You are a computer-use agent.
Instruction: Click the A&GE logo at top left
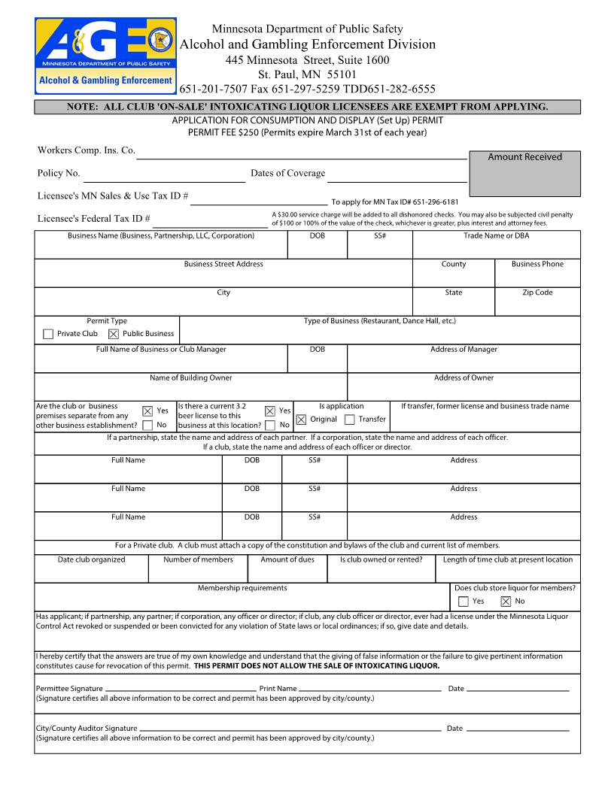[x=105, y=56]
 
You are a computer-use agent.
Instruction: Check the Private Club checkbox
[x=48, y=334]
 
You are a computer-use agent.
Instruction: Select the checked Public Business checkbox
[x=113, y=334]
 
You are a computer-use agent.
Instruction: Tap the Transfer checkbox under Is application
[x=349, y=420]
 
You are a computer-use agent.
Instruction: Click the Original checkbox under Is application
[x=301, y=420]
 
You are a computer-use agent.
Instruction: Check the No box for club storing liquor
[x=506, y=602]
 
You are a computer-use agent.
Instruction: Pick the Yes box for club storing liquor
[x=463, y=602]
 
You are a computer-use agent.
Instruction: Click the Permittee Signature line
[x=180, y=689]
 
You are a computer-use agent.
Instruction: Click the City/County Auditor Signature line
[x=290, y=729]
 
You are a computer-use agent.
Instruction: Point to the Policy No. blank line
[x=164, y=181]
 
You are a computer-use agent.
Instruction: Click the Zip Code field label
[x=537, y=292]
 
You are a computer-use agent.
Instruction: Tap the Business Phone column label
[x=537, y=264]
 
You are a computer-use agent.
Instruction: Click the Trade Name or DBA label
[x=496, y=235]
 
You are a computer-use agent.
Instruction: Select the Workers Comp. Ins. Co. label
[x=86, y=150]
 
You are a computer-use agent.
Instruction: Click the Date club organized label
[x=91, y=559]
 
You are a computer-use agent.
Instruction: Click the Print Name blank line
[x=369, y=689]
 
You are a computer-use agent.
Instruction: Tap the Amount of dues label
[x=287, y=559]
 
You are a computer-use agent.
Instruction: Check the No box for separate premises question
[x=147, y=425]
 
